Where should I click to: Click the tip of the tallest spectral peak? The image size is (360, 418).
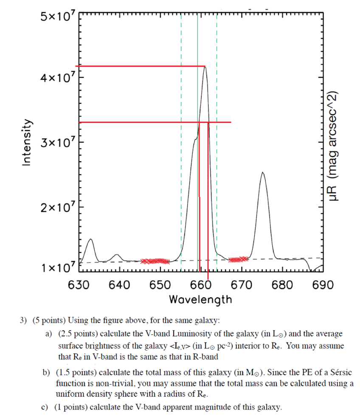coord(205,67)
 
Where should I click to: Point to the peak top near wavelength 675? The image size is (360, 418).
coord(263,172)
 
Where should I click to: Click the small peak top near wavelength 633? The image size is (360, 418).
coord(90,239)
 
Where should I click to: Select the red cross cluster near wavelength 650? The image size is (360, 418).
coord(155,261)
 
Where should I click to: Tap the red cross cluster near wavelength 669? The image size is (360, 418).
coord(238,259)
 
